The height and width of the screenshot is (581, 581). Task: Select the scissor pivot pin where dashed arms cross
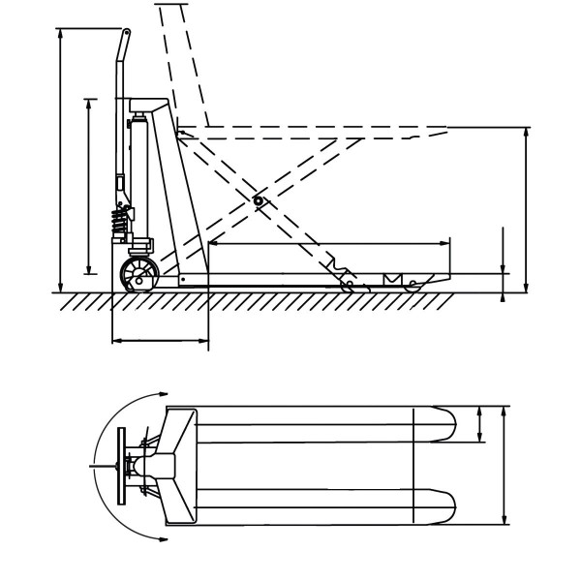click(258, 200)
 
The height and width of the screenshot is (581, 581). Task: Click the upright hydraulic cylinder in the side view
click(139, 174)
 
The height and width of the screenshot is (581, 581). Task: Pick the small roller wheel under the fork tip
click(413, 285)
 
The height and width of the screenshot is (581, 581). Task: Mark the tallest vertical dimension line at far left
click(61, 160)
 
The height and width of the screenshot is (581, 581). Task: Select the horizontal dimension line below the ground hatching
click(160, 340)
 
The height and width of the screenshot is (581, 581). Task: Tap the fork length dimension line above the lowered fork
click(329, 242)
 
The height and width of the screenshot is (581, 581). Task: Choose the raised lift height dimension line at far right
click(526, 208)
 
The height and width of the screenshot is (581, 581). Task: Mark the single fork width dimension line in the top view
click(481, 424)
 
